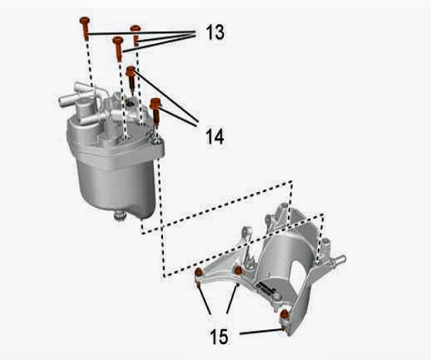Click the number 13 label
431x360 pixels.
click(215, 32)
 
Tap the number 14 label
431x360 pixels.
click(215, 136)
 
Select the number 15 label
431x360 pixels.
click(219, 336)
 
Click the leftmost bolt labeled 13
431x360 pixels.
click(85, 27)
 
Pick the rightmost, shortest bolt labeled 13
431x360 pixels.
click(136, 35)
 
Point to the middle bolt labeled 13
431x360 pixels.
click(118, 49)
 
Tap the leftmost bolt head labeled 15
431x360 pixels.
click(199, 273)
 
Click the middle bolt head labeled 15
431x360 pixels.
click(239, 270)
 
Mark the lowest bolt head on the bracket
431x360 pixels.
click(285, 314)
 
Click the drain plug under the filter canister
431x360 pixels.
click(120, 215)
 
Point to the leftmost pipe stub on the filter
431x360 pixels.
click(66, 101)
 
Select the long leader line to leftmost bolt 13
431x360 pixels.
click(141, 33)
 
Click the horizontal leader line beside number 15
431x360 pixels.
click(262, 332)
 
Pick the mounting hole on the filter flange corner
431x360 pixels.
click(157, 142)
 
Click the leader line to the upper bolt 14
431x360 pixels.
click(166, 96)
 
